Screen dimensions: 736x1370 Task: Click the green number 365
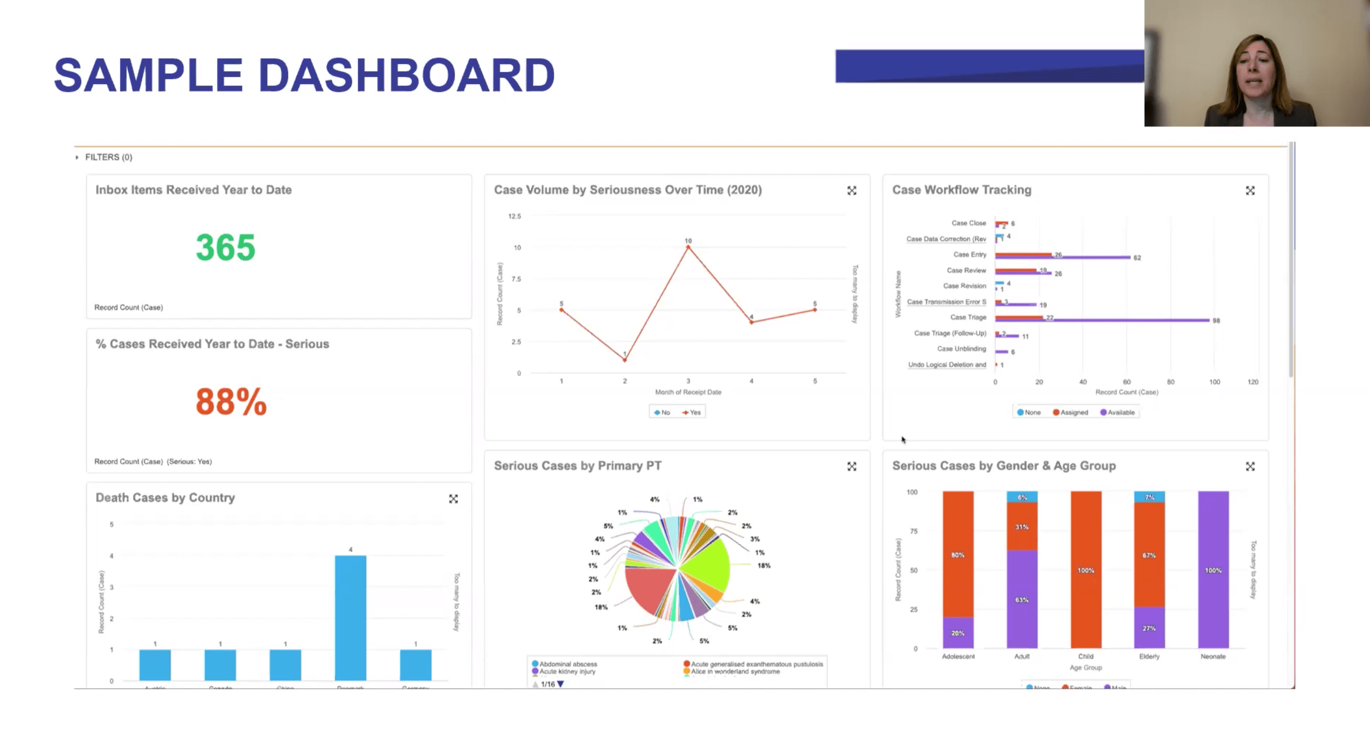point(225,248)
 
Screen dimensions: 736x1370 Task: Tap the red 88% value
point(231,402)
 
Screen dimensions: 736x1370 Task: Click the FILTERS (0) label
point(108,157)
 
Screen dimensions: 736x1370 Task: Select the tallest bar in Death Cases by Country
point(350,617)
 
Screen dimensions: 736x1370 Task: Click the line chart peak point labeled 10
point(688,247)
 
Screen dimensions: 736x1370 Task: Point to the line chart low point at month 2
point(625,360)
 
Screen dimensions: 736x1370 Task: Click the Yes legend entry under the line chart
point(692,413)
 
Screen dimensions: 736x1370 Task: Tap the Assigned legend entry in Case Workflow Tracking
point(1071,413)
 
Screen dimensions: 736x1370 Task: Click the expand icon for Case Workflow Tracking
point(1250,191)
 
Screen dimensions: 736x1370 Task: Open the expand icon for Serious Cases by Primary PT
point(851,467)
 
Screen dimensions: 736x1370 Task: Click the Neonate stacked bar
point(1213,570)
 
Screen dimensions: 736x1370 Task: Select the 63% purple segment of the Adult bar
point(1021,599)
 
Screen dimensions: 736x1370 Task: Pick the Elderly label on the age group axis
point(1149,656)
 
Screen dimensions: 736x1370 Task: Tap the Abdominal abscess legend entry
point(567,664)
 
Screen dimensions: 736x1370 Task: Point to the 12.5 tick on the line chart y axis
point(514,217)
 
